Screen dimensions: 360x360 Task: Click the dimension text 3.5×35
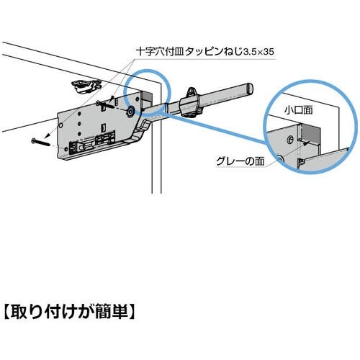[258, 51]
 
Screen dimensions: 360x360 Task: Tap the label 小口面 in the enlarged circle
[299, 110]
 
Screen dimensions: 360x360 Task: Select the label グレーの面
[240, 161]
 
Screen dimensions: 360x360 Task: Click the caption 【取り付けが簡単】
[70, 312]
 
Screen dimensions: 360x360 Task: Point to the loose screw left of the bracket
[40, 143]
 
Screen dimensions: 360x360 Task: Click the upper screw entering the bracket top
[106, 104]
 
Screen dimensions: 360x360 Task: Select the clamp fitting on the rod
[192, 103]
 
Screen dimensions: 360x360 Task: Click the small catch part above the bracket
[86, 86]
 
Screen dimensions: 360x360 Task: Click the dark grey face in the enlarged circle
[310, 135]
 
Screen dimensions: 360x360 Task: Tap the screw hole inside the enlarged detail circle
[290, 139]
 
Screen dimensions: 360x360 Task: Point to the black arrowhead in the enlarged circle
[305, 144]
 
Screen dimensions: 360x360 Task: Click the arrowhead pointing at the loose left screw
[46, 136]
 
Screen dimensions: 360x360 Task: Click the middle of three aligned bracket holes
[79, 124]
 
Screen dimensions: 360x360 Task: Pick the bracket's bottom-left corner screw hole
[66, 149]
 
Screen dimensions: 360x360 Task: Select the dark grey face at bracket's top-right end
[148, 99]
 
